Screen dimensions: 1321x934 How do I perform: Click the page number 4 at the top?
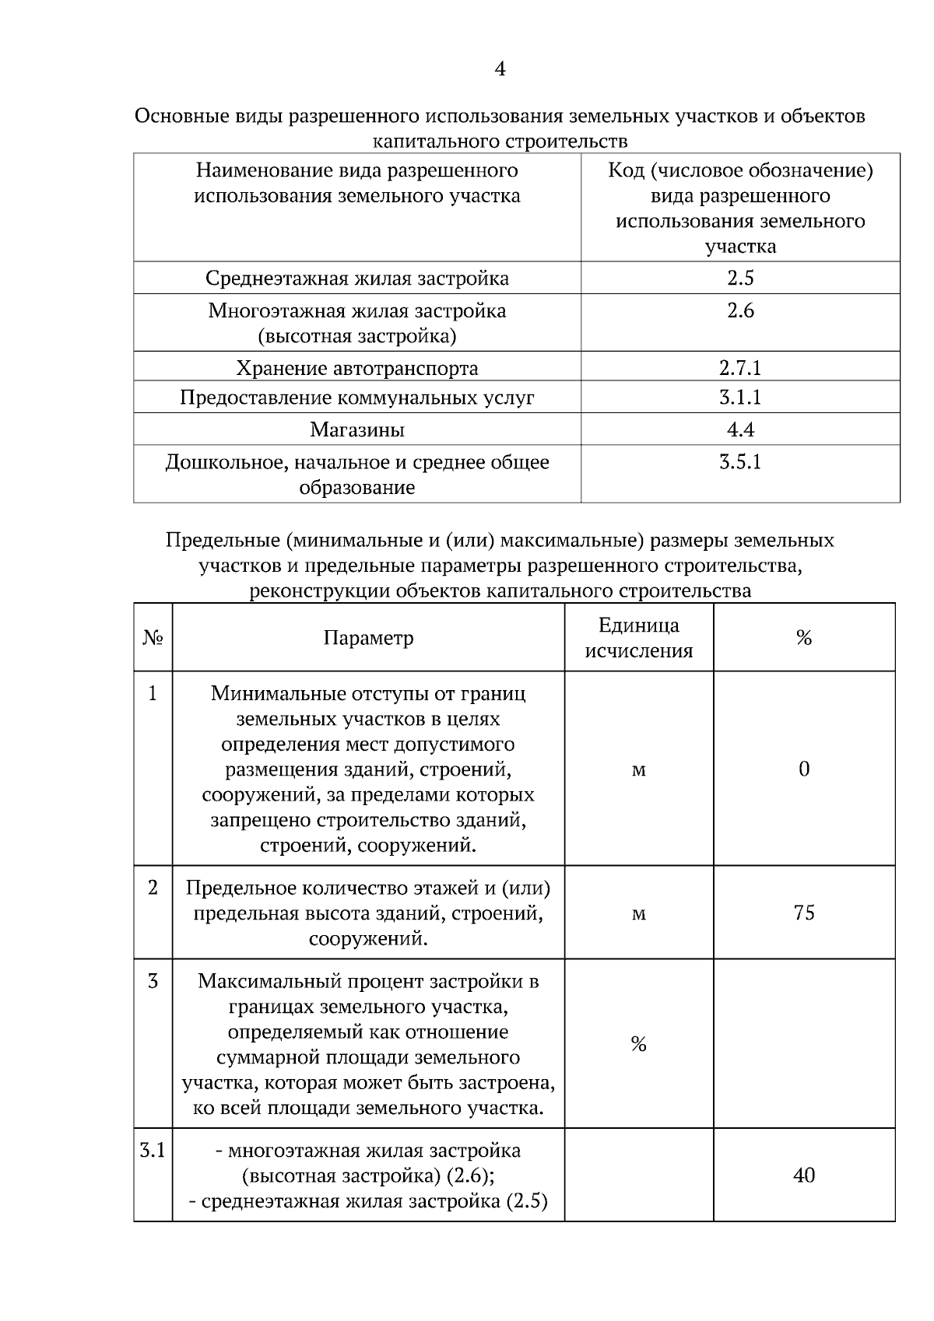click(x=500, y=70)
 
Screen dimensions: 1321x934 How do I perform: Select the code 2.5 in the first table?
click(x=740, y=279)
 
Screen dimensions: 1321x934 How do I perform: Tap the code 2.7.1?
click(x=740, y=367)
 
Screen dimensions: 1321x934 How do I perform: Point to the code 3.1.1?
click(x=740, y=398)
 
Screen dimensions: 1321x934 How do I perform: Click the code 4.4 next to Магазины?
click(x=740, y=429)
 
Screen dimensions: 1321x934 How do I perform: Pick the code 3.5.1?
click(x=740, y=462)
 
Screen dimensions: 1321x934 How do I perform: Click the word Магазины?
click(x=357, y=429)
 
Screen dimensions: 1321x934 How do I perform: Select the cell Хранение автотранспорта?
click(x=357, y=367)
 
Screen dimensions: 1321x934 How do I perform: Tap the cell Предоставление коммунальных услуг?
click(x=357, y=398)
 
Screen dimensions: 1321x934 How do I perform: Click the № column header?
click(x=153, y=639)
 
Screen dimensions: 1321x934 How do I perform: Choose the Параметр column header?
click(x=368, y=639)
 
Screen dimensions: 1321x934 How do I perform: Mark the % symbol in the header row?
click(x=804, y=639)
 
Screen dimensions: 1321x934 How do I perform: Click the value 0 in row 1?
click(x=804, y=769)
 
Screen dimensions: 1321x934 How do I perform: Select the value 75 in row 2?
click(x=804, y=913)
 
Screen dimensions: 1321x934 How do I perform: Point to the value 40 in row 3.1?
click(x=804, y=1176)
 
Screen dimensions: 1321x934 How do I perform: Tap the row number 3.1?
click(x=153, y=1150)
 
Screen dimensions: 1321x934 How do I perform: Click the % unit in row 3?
click(x=638, y=1044)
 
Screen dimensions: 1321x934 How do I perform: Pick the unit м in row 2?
click(x=638, y=913)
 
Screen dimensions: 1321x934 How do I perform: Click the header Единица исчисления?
click(x=638, y=638)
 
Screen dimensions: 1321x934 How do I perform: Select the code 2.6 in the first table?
click(x=740, y=311)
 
